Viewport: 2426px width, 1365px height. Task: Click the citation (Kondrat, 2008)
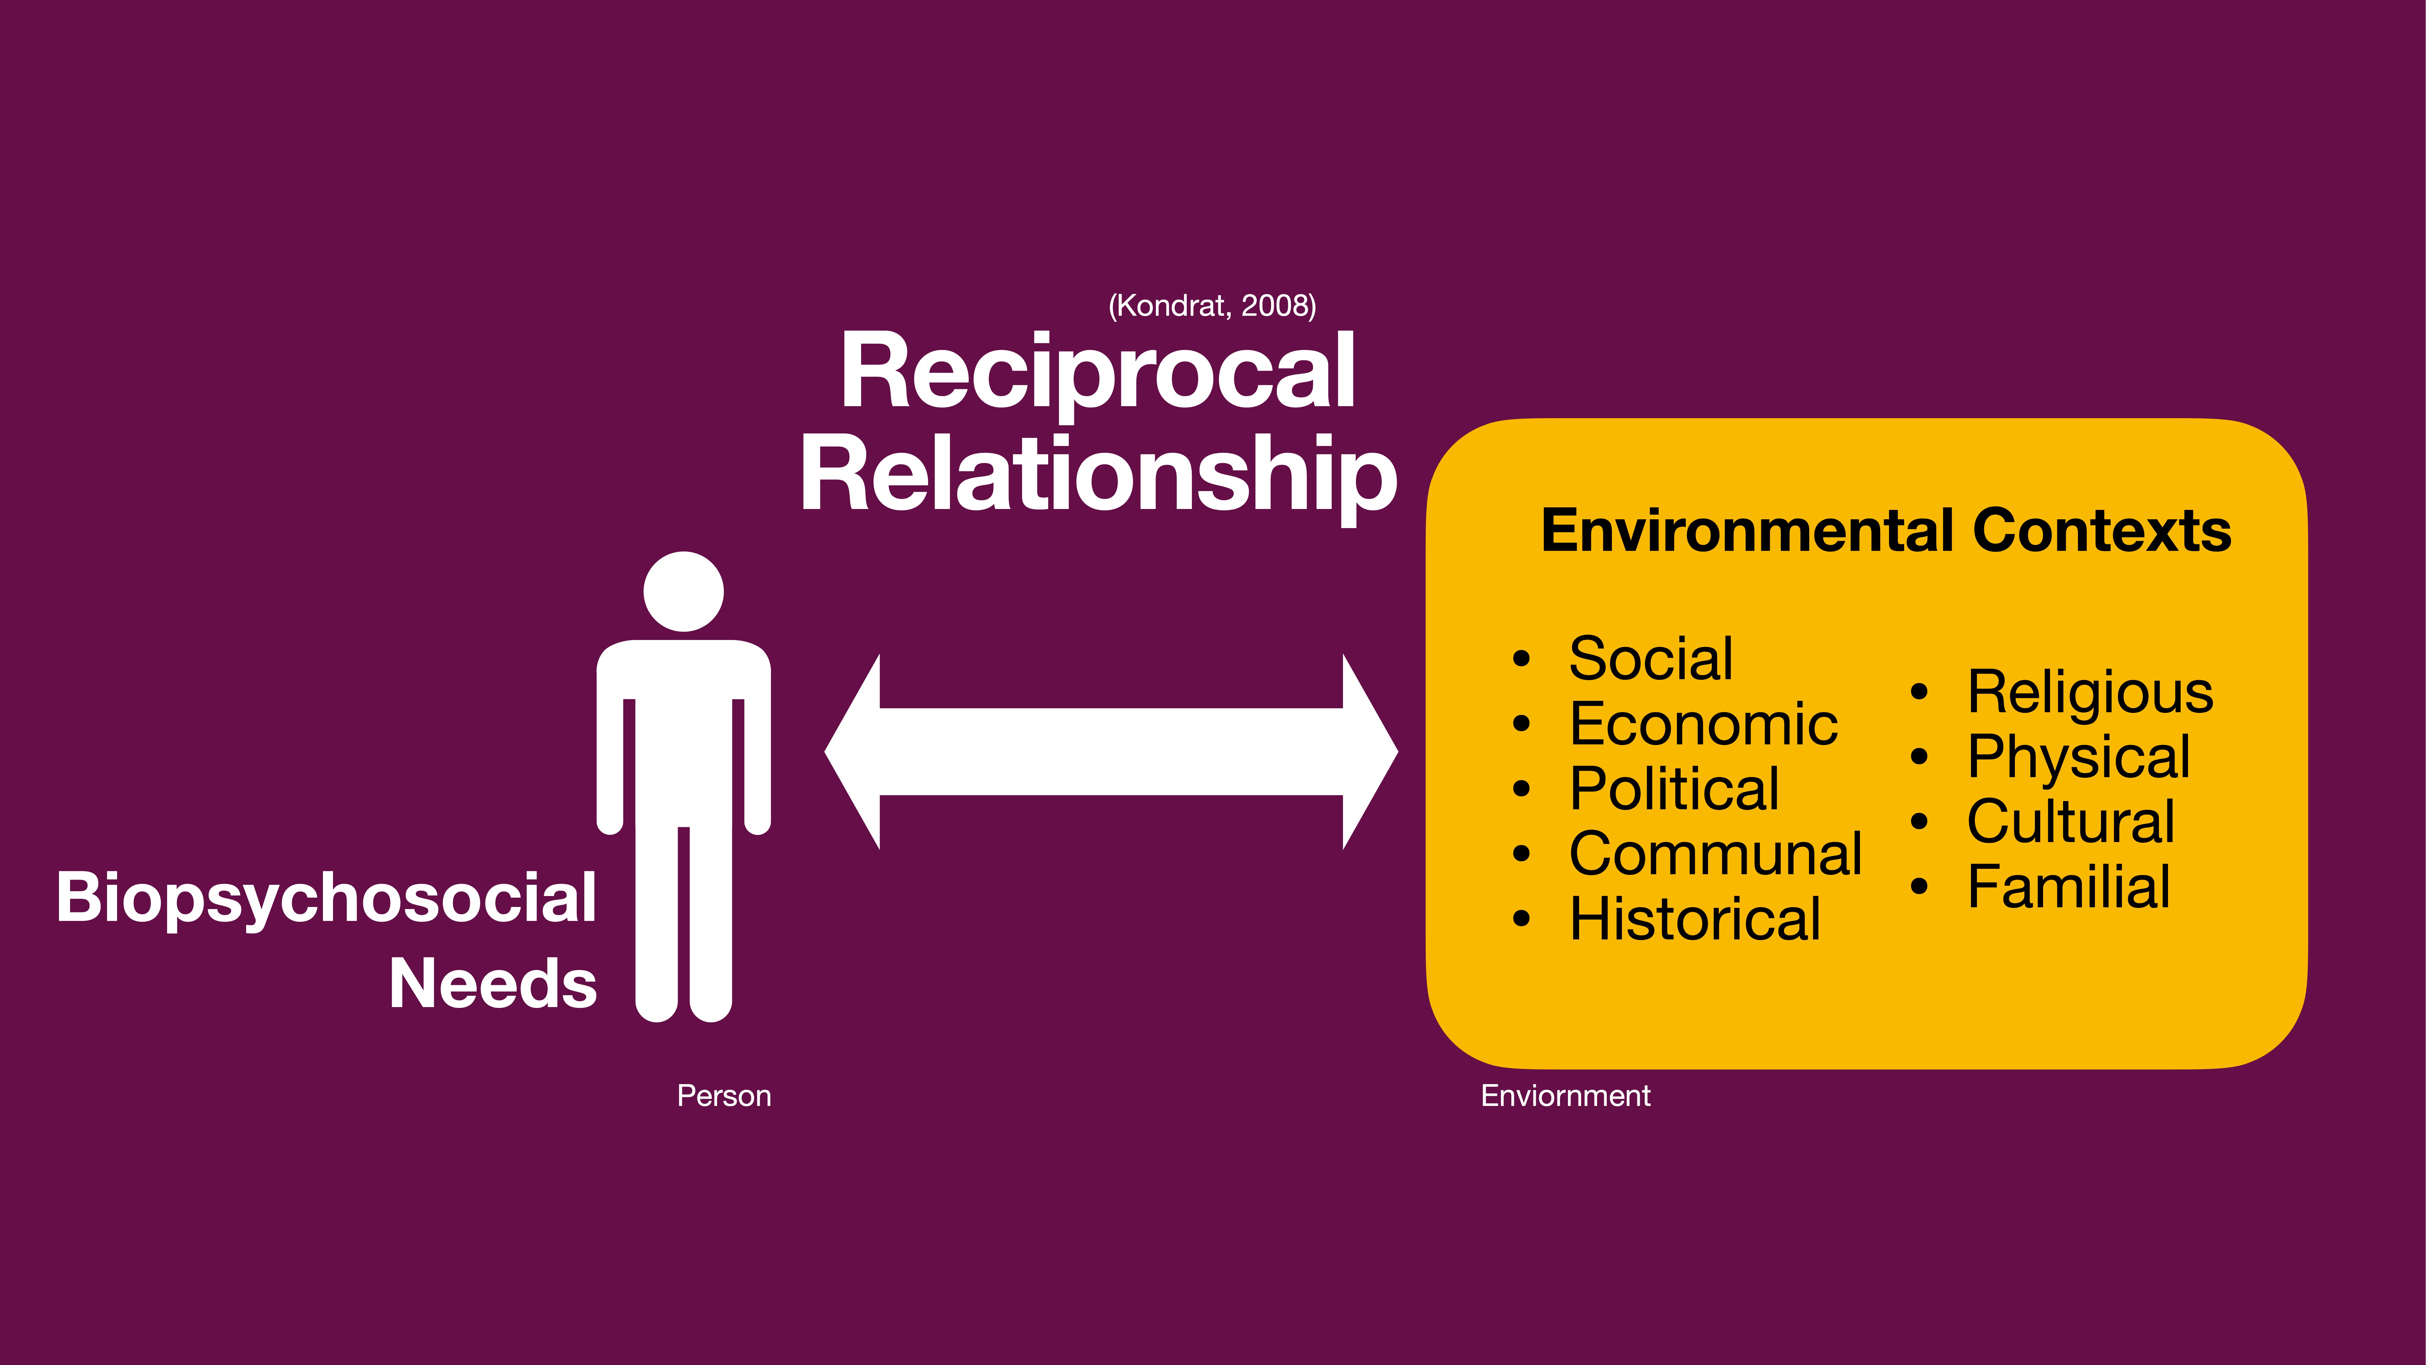1212,305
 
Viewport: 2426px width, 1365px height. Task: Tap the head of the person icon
684,591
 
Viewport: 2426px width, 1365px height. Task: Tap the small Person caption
723,1096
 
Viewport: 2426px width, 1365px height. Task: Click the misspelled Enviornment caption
1565,1096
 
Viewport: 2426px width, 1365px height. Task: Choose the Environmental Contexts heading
1885,530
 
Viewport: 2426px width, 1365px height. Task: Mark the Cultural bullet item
2070,821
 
